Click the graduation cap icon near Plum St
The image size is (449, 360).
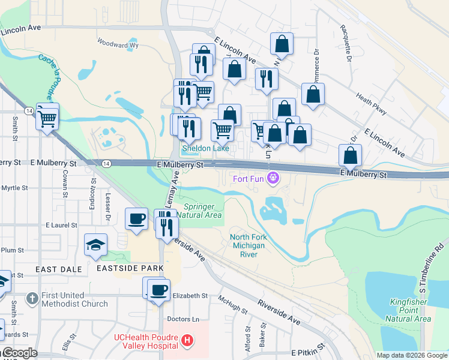96,245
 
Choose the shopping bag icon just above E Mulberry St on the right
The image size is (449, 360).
350,156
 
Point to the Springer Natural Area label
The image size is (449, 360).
202,211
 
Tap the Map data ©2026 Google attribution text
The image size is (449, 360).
411,355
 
